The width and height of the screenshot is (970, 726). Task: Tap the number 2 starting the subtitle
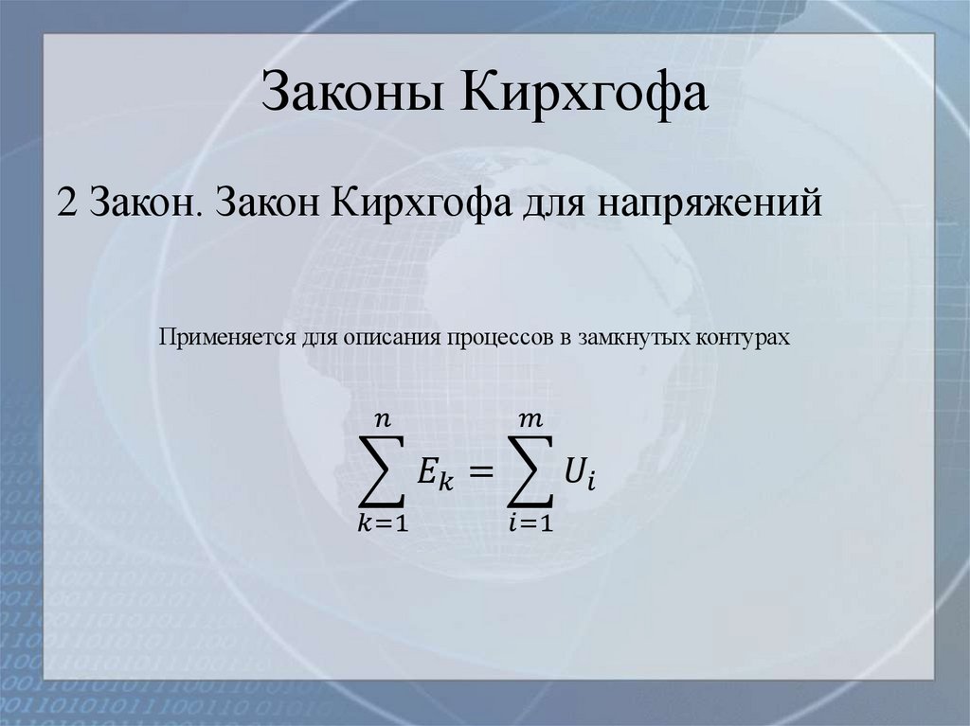(x=66, y=204)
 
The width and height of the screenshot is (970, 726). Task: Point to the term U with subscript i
(x=580, y=471)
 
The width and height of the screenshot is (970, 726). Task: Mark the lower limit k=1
(x=383, y=524)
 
